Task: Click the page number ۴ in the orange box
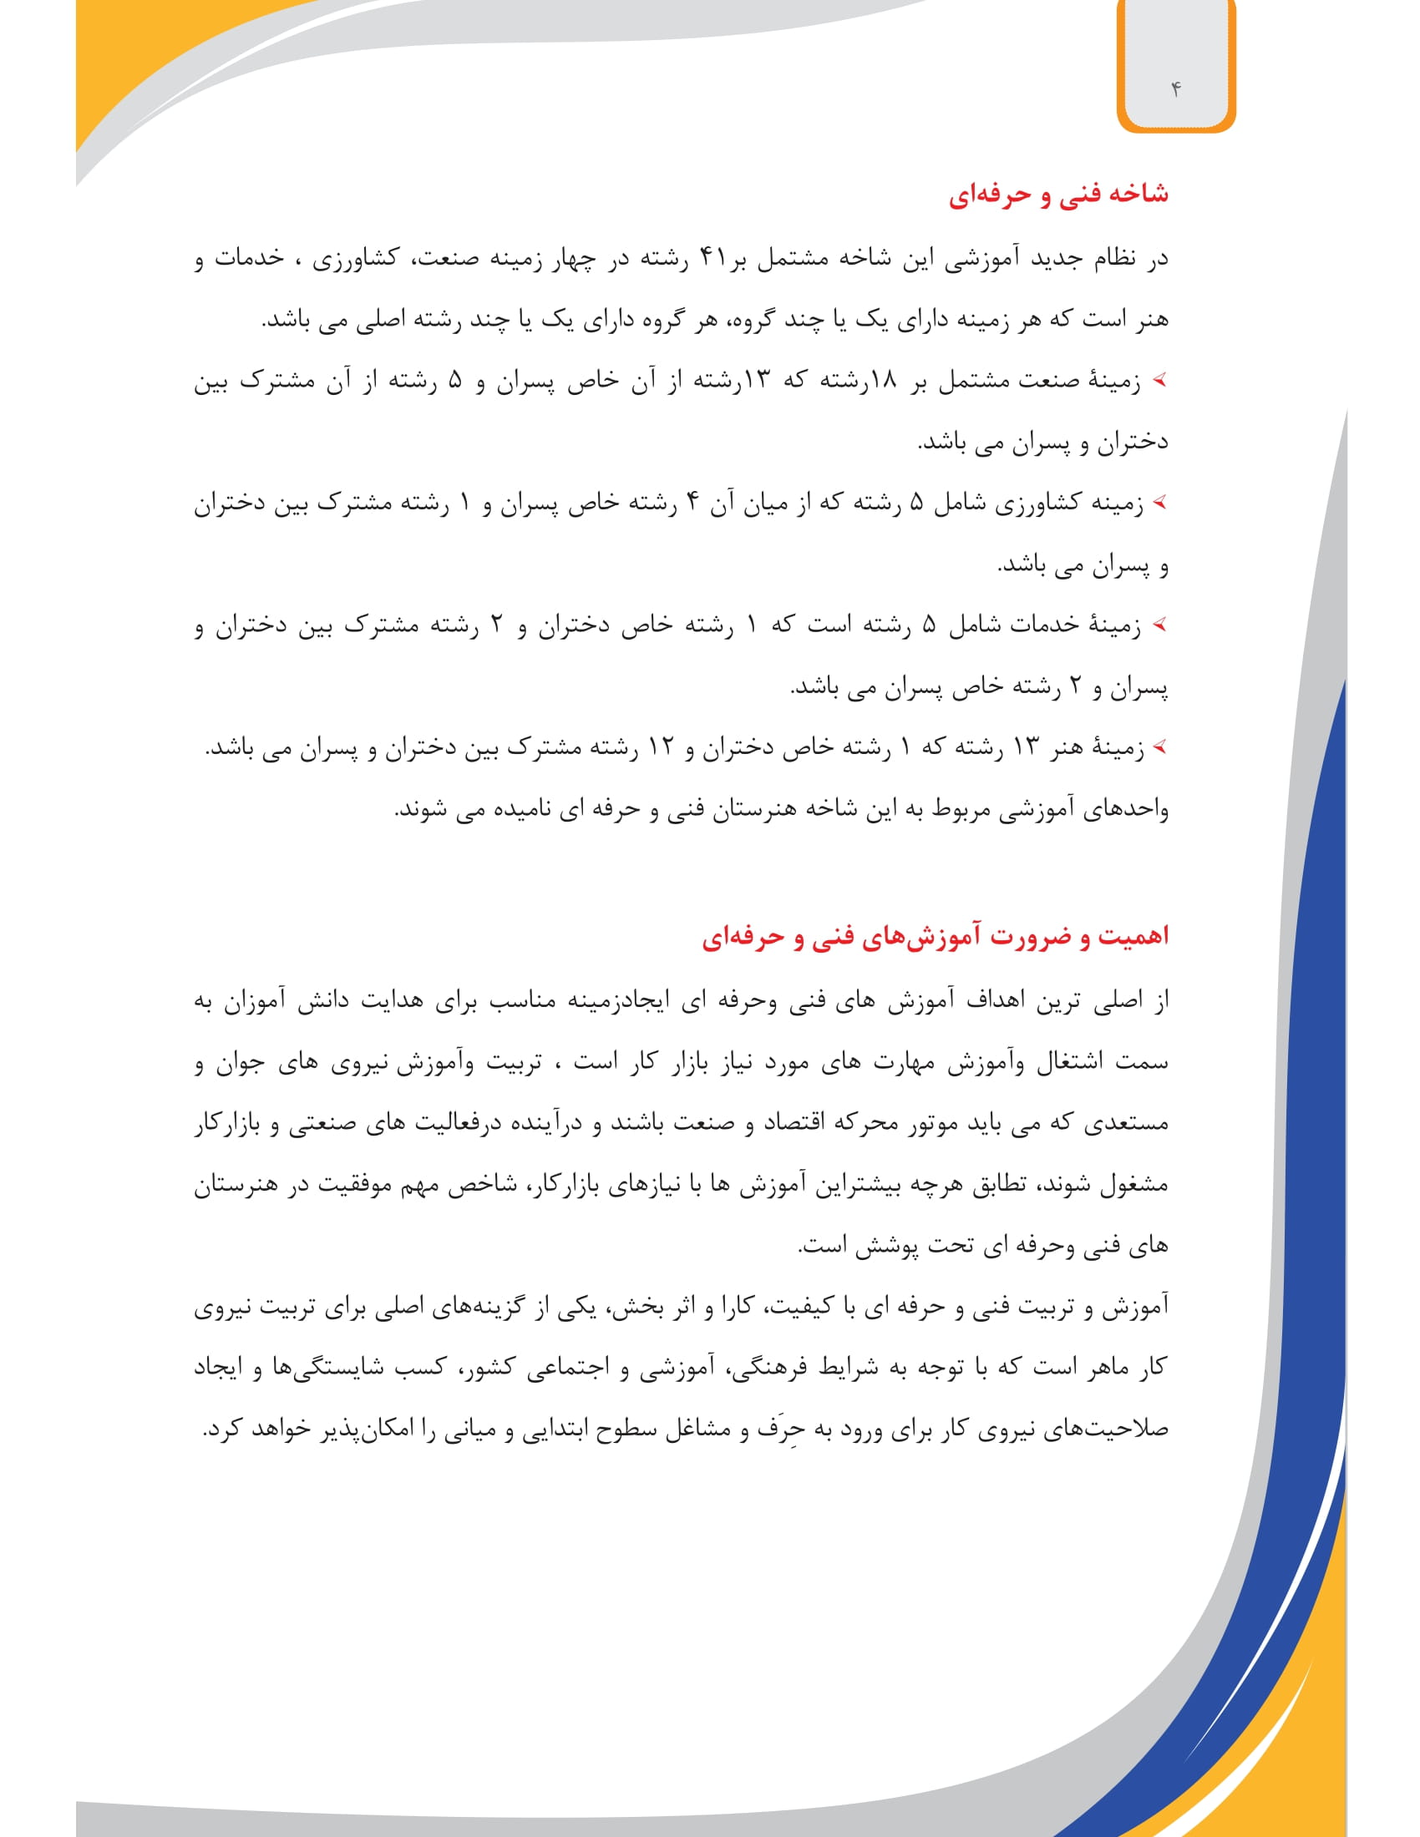1176,89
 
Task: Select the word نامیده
539,809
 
